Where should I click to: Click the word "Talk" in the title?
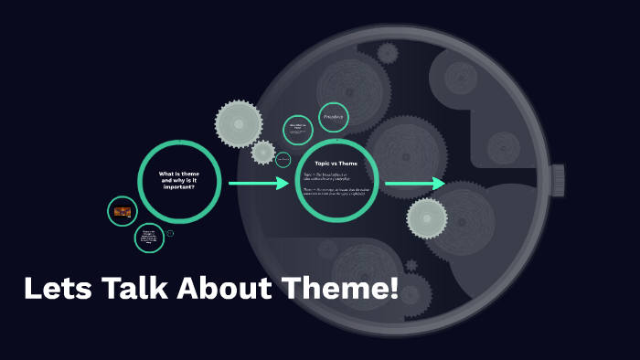[131, 290]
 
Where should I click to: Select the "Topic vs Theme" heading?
[336, 164]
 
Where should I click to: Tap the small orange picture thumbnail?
[123, 212]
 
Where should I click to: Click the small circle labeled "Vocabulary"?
[333, 118]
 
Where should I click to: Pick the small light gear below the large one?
[263, 153]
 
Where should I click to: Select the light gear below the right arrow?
[427, 217]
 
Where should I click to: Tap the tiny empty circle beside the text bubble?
[170, 234]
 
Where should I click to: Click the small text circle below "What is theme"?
[149, 238]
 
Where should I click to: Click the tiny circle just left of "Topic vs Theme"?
[283, 160]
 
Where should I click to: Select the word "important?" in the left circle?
[179, 186]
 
